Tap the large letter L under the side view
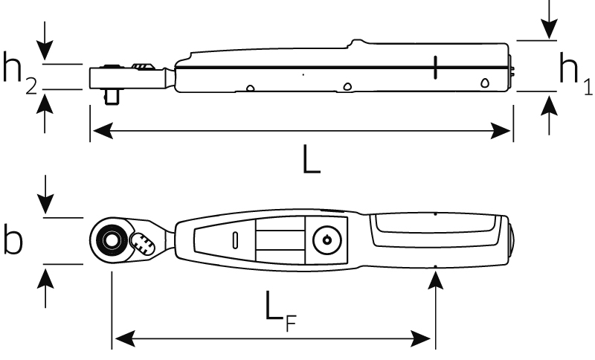pyautogui.click(x=312, y=160)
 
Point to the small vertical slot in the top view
pyautogui.click(x=236, y=240)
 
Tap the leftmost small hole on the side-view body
pyautogui.click(x=251, y=89)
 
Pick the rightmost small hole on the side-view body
pyautogui.click(x=485, y=83)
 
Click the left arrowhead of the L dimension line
pyautogui.click(x=97, y=132)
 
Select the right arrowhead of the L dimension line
pyautogui.click(x=506, y=132)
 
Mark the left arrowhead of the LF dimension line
pyautogui.click(x=119, y=339)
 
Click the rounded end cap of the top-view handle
pyautogui.click(x=512, y=240)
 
